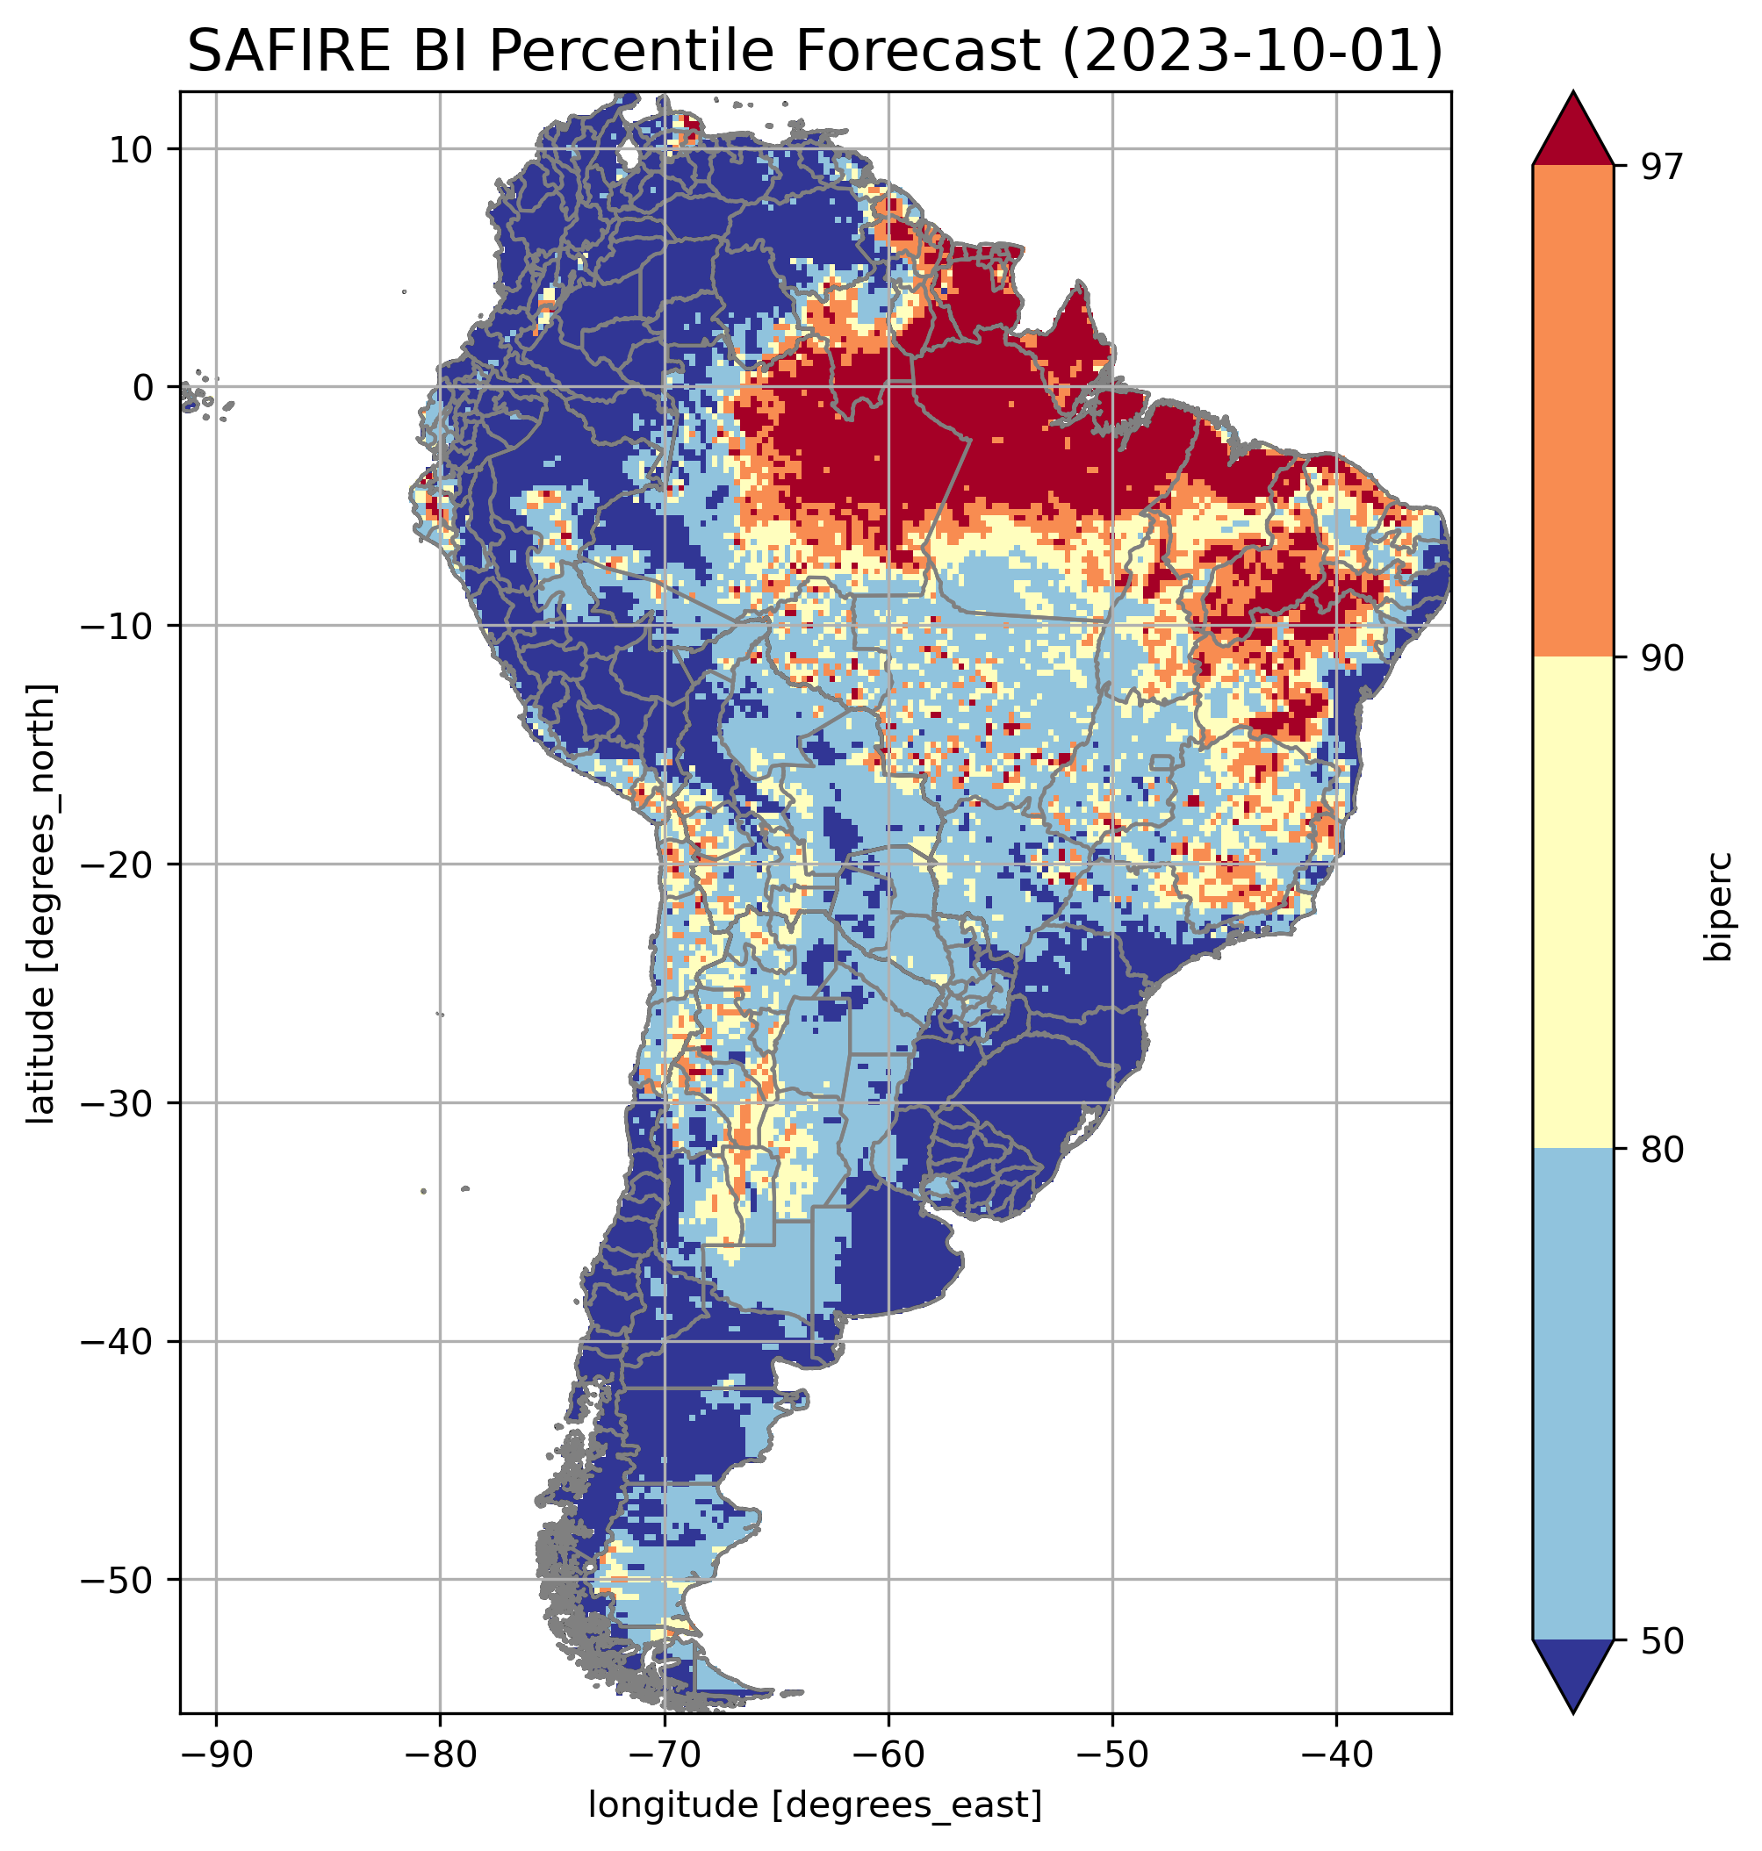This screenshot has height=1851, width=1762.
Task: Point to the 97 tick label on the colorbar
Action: point(1662,166)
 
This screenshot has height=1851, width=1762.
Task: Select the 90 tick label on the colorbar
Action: point(1662,657)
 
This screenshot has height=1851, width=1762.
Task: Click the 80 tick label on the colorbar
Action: point(1662,1149)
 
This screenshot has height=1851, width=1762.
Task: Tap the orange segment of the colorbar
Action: point(1572,412)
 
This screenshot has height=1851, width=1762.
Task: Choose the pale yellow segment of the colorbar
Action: point(1572,902)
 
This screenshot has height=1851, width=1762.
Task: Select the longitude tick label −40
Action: point(1335,1754)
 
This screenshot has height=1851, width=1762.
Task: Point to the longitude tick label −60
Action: point(888,1754)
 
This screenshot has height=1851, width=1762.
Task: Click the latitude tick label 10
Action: point(132,149)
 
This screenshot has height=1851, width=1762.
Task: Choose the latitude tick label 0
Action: point(143,387)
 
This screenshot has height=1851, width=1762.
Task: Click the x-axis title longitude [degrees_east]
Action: point(816,1804)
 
